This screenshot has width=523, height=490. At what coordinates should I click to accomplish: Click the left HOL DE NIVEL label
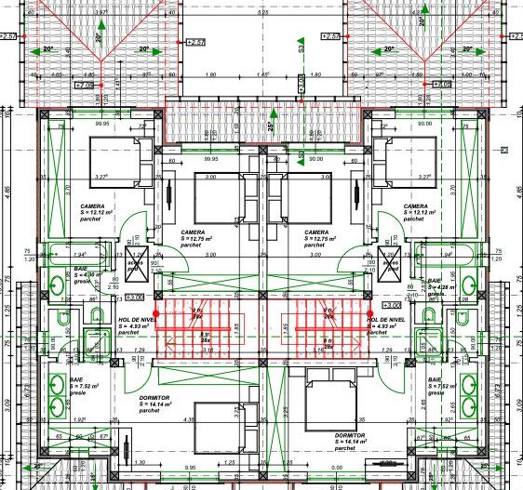pos(136,322)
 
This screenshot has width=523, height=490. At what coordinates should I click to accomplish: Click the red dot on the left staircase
pos(155,313)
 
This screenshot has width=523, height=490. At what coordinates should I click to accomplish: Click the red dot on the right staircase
pos(370,312)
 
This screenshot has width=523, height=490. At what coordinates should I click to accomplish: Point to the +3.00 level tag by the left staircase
pos(134,298)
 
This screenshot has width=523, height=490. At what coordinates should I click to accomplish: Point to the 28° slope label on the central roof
pos(271,126)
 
